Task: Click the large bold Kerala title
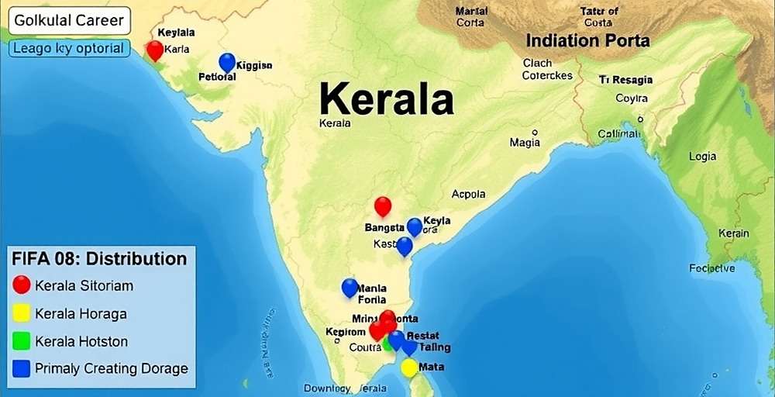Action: click(386, 99)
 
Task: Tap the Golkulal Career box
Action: click(67, 20)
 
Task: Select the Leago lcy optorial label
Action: click(68, 48)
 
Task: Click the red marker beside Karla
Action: click(155, 50)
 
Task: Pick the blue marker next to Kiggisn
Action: click(227, 62)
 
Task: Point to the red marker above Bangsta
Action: click(383, 206)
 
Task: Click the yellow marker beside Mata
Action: click(409, 367)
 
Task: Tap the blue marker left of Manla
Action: click(350, 288)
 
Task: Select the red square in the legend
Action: click(22, 285)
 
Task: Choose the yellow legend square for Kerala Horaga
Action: click(22, 312)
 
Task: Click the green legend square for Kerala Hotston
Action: click(22, 340)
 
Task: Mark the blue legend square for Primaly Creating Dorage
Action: click(22, 368)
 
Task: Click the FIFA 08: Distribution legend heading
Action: click(98, 258)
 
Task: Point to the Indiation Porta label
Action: click(587, 40)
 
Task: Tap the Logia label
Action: click(702, 157)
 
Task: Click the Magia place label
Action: click(525, 143)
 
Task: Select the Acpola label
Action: click(468, 195)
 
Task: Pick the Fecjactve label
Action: click(711, 268)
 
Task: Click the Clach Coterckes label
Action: click(546, 69)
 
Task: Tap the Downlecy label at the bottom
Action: click(327, 388)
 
